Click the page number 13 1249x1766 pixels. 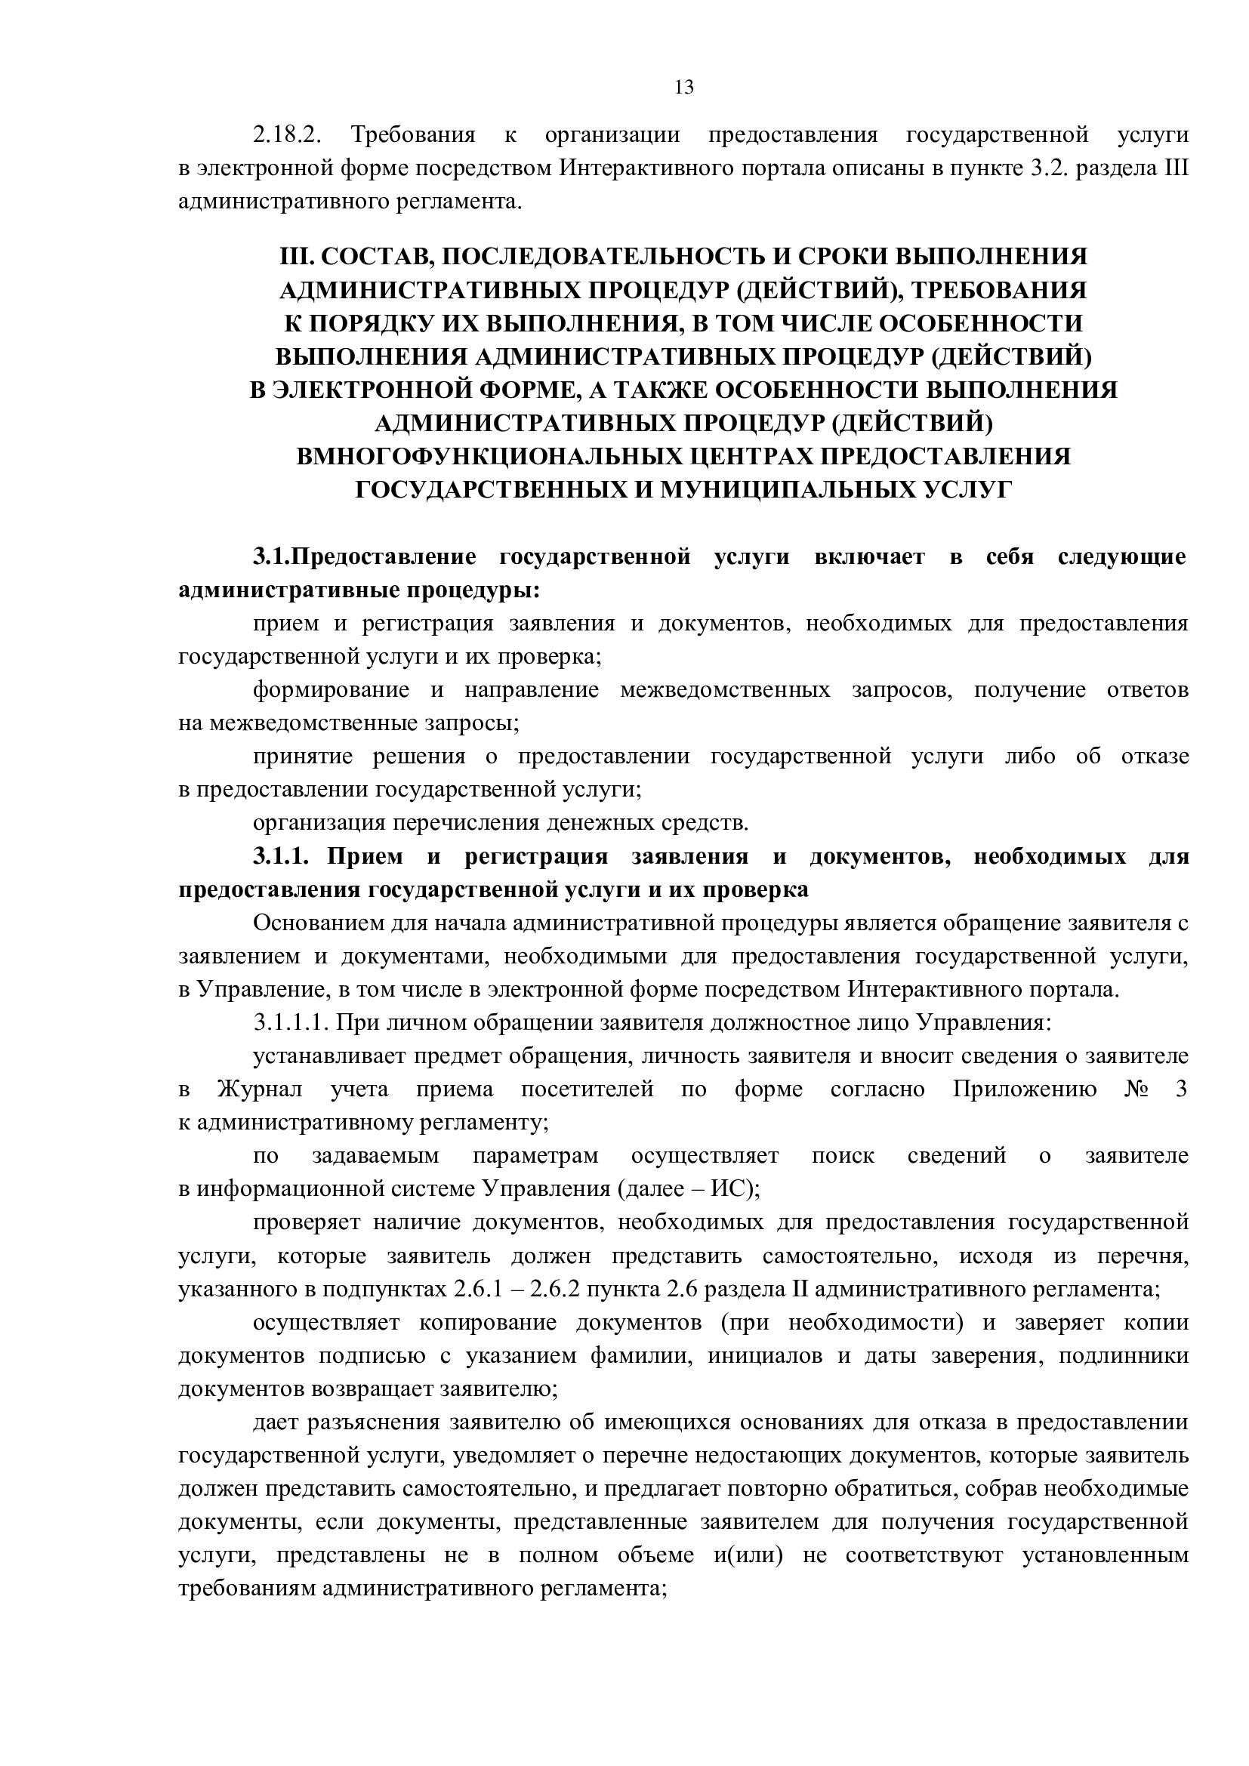tap(683, 88)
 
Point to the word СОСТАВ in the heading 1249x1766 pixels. tap(369, 256)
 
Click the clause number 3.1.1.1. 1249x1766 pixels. tap(291, 1023)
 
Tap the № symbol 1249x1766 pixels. tap(1137, 1090)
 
